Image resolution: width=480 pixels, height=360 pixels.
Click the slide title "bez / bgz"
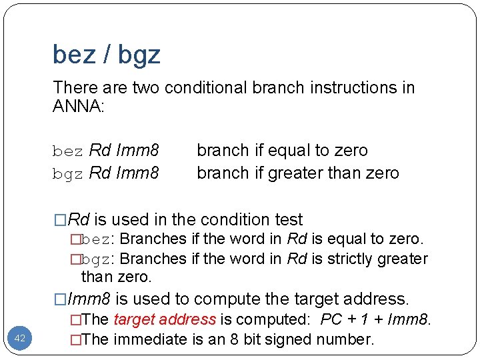click(x=107, y=55)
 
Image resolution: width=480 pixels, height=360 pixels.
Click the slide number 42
click(x=19, y=339)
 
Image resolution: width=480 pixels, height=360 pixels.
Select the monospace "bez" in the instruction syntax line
click(x=68, y=151)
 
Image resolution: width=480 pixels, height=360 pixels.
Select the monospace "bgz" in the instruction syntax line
click(x=68, y=174)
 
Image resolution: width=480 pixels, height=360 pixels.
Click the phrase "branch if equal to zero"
click(x=282, y=151)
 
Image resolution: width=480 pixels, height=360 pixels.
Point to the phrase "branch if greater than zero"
click(x=297, y=173)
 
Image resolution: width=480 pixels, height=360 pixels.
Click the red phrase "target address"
click(x=165, y=320)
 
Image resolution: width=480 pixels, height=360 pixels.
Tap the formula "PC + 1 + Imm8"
click(x=374, y=320)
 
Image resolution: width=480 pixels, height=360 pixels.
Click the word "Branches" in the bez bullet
click(x=154, y=239)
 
